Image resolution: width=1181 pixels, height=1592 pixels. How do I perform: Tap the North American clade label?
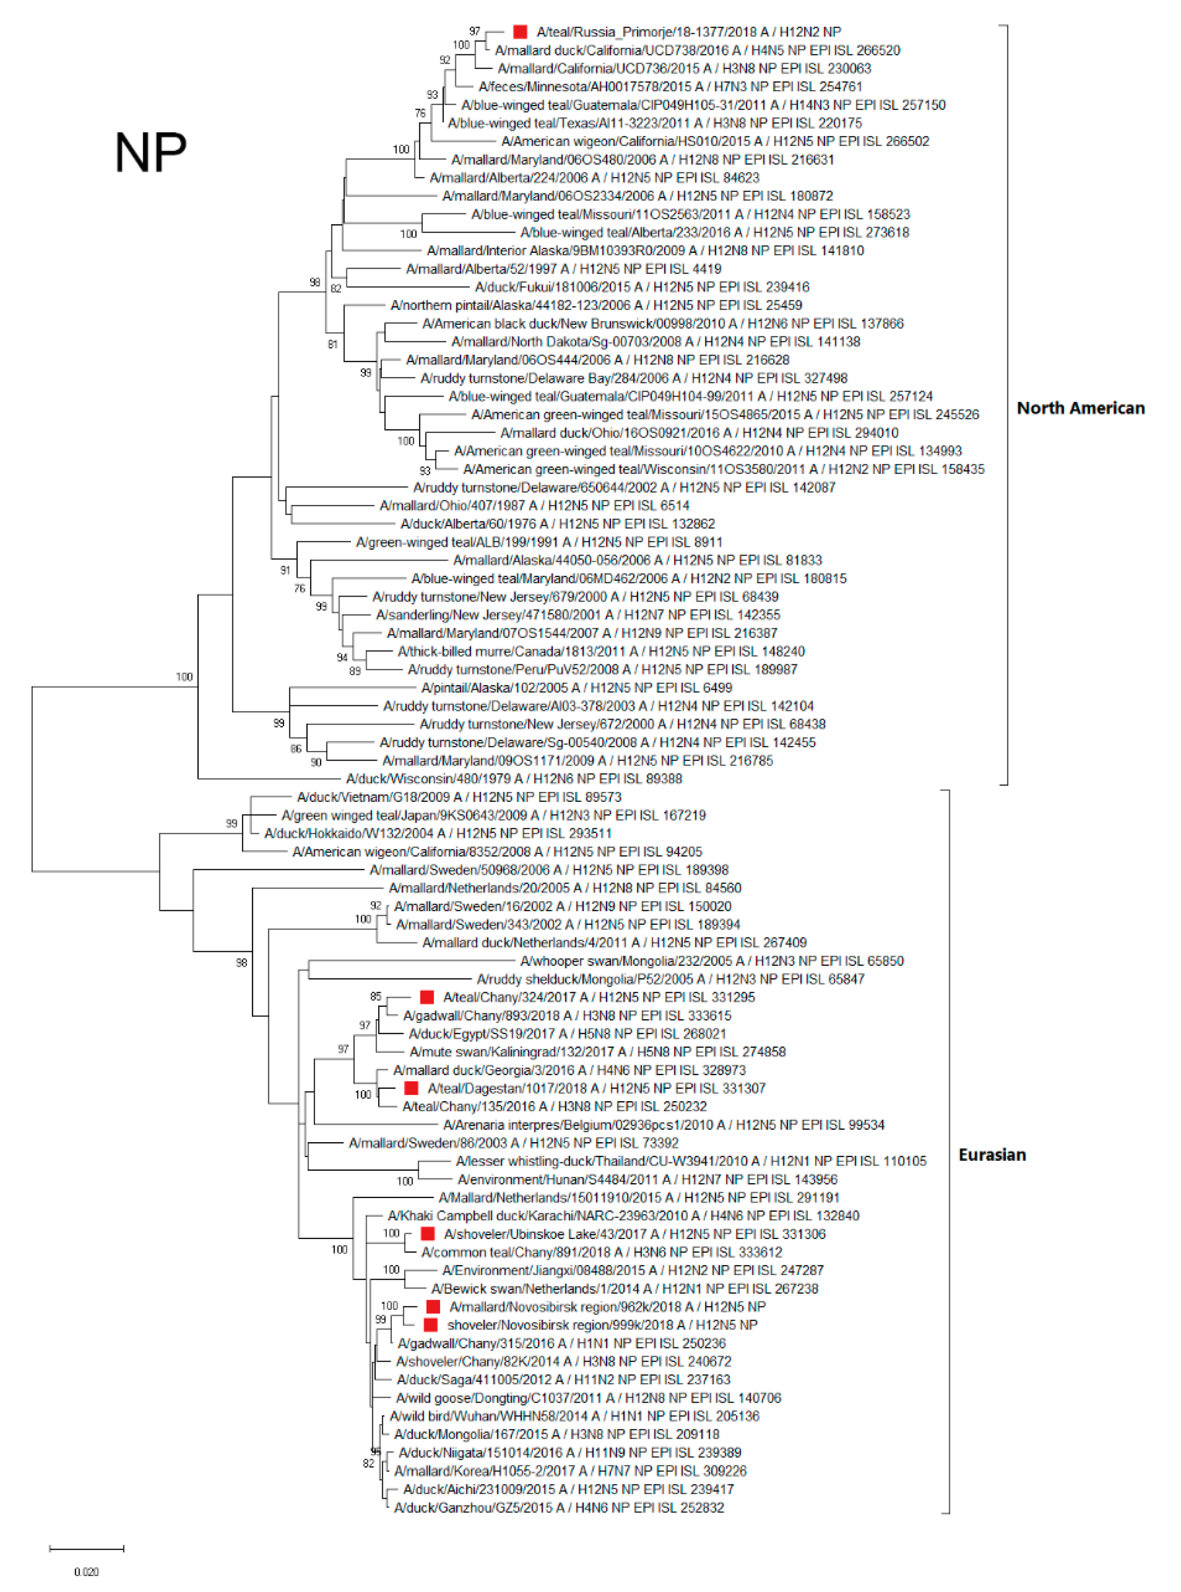pyautogui.click(x=1080, y=408)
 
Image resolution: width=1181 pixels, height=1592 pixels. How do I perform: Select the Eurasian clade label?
pyautogui.click(x=991, y=1155)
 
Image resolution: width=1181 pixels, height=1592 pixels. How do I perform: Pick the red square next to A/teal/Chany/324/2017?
pyautogui.click(x=427, y=997)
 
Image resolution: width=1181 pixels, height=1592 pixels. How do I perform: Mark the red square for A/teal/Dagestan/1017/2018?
pyautogui.click(x=411, y=1088)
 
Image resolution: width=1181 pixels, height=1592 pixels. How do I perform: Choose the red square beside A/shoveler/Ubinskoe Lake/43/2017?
pyautogui.click(x=427, y=1234)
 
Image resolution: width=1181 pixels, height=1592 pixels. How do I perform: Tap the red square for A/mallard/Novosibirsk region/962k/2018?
pyautogui.click(x=432, y=1307)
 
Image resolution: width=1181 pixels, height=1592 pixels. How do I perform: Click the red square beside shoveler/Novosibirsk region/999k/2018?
pyautogui.click(x=430, y=1325)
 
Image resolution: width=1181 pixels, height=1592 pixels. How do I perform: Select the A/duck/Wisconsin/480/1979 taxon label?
pyautogui.click(x=514, y=779)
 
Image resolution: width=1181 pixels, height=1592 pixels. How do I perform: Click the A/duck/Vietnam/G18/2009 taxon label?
pyautogui.click(x=459, y=797)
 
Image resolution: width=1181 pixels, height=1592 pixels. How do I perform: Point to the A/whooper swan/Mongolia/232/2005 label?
pyautogui.click(x=711, y=961)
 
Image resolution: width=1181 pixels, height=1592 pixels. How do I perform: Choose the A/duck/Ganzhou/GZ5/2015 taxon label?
pyautogui.click(x=559, y=1507)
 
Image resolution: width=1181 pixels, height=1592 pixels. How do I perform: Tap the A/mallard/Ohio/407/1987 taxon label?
pyautogui.click(x=534, y=506)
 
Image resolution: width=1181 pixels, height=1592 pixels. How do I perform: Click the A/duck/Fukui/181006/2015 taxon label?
pyautogui.click(x=642, y=287)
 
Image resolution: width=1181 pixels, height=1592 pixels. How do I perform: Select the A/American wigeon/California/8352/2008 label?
pyautogui.click(x=497, y=852)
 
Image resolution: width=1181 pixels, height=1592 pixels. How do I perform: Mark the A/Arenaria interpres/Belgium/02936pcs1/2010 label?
pyautogui.click(x=663, y=1125)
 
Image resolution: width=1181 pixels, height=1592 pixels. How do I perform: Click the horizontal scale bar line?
pyautogui.click(x=86, y=1549)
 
